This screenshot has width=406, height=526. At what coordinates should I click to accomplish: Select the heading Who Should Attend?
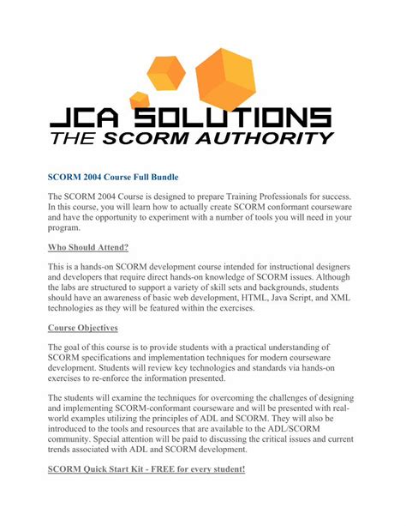(x=88, y=248)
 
